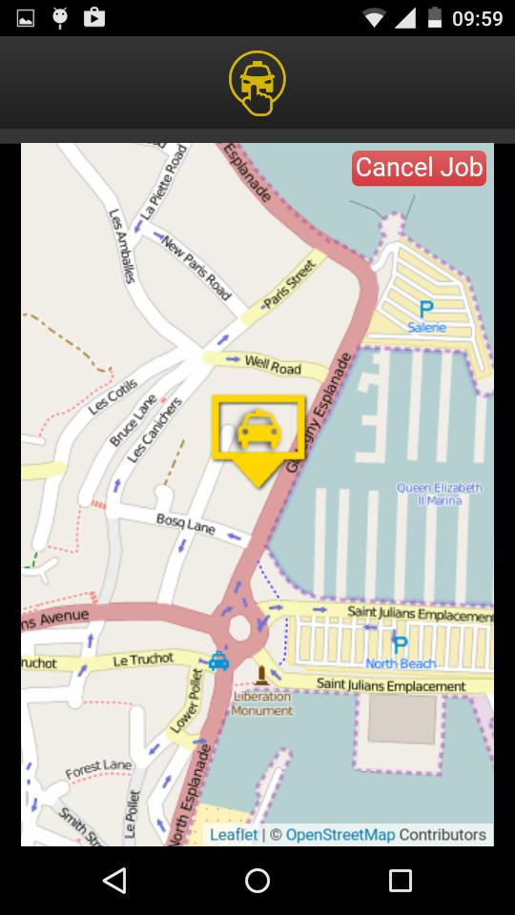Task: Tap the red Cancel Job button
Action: click(x=420, y=168)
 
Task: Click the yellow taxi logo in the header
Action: click(x=257, y=84)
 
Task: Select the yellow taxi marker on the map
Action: click(x=257, y=432)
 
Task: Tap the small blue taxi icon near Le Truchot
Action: click(x=218, y=661)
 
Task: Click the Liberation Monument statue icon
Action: click(x=261, y=677)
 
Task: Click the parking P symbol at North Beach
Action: click(x=401, y=645)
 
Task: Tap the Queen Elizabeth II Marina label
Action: click(x=440, y=495)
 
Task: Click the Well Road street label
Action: click(x=273, y=364)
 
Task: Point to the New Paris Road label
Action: click(x=196, y=268)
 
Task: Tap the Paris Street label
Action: click(x=289, y=283)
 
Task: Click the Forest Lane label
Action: click(x=98, y=768)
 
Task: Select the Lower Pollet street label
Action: click(x=187, y=701)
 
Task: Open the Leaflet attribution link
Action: click(x=234, y=835)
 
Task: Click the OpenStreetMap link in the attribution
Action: click(x=340, y=835)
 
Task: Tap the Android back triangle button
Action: click(x=114, y=881)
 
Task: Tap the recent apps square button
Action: click(x=401, y=881)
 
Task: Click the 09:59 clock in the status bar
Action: click(x=477, y=17)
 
